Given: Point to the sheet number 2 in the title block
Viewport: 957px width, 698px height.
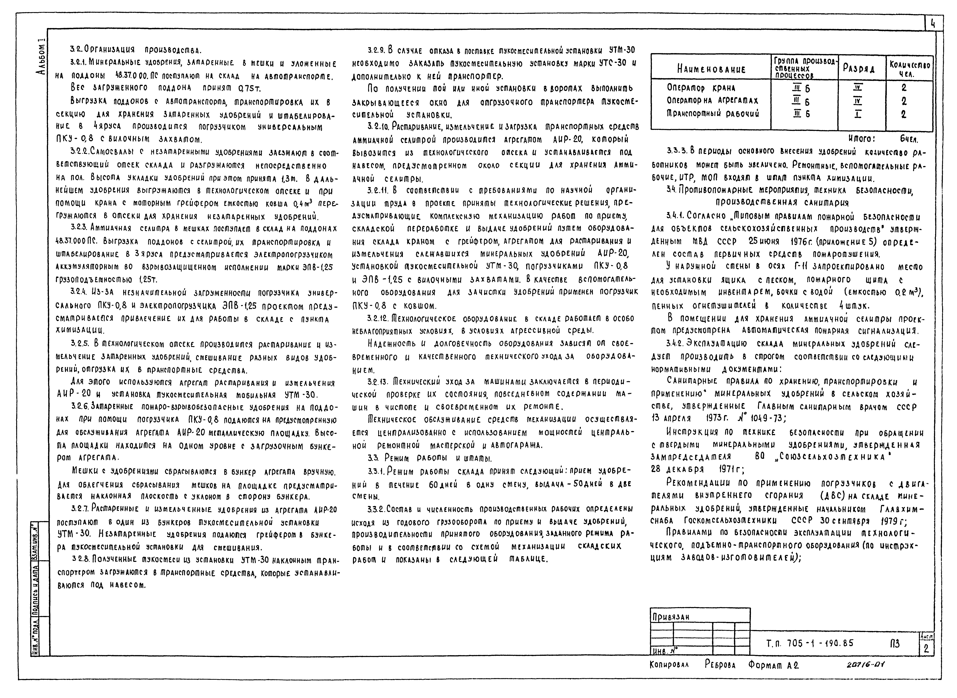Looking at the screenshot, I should pos(926,649).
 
